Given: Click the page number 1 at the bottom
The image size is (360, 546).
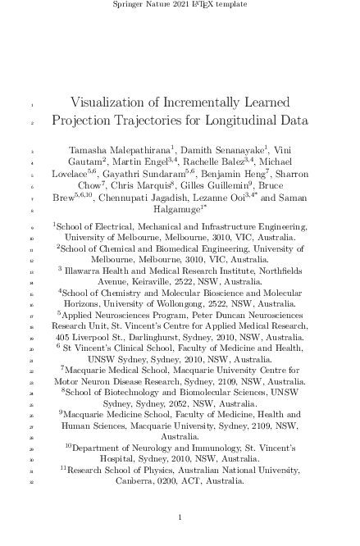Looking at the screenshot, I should pos(180,518).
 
